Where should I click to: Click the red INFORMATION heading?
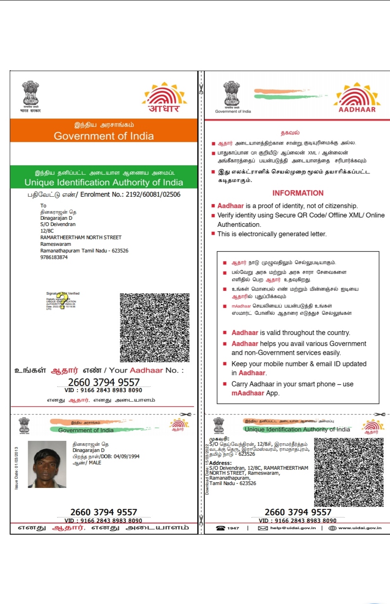(x=298, y=193)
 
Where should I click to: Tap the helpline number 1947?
(x=233, y=528)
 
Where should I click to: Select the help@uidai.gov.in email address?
(x=293, y=528)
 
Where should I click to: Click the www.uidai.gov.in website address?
(x=360, y=528)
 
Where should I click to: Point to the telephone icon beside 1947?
(x=221, y=528)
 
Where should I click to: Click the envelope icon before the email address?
(x=263, y=528)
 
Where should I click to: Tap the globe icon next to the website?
(x=332, y=528)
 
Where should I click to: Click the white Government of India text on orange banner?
(x=104, y=136)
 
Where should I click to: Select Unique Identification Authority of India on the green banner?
(x=104, y=182)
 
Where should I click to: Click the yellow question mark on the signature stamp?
(x=62, y=301)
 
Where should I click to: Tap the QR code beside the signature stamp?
(x=155, y=328)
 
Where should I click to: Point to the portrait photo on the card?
(x=47, y=464)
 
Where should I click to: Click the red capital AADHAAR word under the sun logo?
(x=357, y=109)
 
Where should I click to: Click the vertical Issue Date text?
(x=17, y=468)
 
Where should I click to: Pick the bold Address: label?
(x=221, y=463)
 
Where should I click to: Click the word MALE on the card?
(x=95, y=463)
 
